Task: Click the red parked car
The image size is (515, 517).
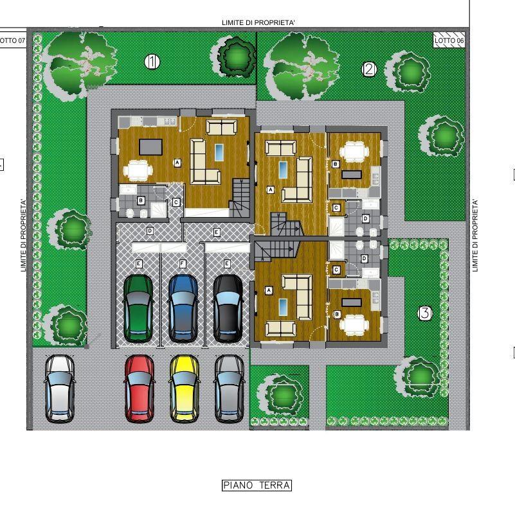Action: coord(140,389)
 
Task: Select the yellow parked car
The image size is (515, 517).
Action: coord(185,389)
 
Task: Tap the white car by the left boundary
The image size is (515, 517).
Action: coord(60,389)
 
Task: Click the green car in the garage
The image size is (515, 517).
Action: coord(138,309)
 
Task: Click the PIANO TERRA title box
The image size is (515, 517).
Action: coord(257,486)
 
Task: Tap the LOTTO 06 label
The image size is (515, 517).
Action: coord(449,40)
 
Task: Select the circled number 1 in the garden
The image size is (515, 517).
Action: coord(152,62)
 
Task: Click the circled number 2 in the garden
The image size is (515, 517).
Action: coord(370,69)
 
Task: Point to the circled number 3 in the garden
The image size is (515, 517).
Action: coord(425,313)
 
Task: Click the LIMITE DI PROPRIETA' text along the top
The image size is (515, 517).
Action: coord(258,22)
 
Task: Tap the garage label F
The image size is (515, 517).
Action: coord(183,264)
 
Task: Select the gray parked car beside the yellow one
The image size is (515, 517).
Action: coord(230,389)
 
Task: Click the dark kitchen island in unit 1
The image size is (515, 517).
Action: coord(150,146)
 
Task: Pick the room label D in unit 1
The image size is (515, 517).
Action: coord(150,231)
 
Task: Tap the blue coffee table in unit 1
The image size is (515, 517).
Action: coord(219,152)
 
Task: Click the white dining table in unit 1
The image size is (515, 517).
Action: coord(138,170)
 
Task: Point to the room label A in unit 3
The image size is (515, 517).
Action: coord(269,290)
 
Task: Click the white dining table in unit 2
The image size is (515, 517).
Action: coord(354,152)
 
